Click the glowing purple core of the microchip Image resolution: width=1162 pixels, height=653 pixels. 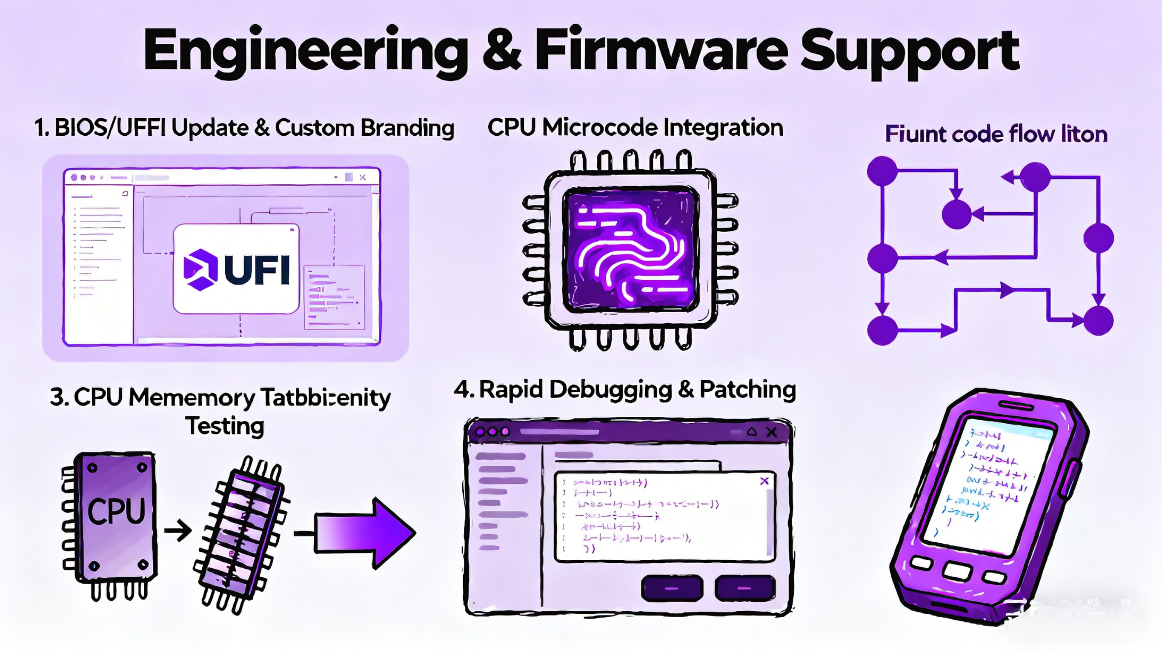click(x=631, y=249)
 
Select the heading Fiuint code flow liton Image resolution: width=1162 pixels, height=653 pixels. click(x=996, y=134)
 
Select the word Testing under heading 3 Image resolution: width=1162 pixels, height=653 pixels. click(x=225, y=426)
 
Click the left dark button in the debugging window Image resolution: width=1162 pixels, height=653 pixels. click(x=672, y=588)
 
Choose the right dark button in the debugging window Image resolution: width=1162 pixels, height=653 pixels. click(x=745, y=588)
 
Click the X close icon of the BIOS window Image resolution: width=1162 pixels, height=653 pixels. click(x=362, y=177)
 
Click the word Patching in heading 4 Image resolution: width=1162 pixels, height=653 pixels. click(x=747, y=390)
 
